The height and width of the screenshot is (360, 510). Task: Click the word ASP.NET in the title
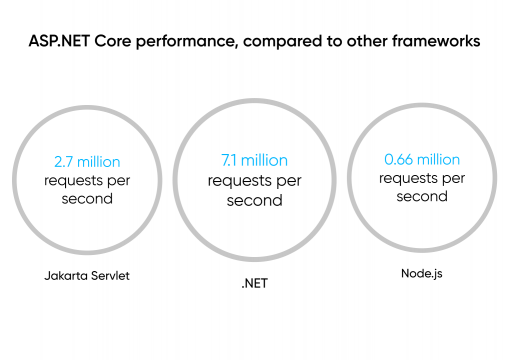tap(63, 43)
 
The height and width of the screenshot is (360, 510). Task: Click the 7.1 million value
tap(254, 160)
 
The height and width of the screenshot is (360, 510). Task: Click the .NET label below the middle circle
tap(255, 284)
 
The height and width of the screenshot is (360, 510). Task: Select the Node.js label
tap(421, 271)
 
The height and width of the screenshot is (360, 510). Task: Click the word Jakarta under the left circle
tap(63, 272)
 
